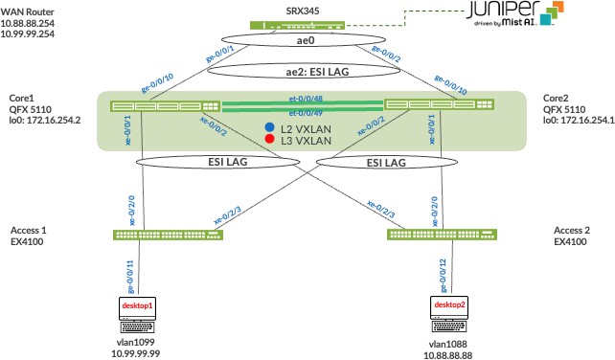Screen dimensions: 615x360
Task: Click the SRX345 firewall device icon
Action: click(x=297, y=26)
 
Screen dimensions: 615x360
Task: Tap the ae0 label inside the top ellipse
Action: click(x=306, y=40)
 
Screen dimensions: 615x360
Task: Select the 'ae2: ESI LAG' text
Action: click(x=317, y=72)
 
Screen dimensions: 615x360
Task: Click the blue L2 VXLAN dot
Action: click(x=269, y=127)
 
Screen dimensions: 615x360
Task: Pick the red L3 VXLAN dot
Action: click(x=269, y=139)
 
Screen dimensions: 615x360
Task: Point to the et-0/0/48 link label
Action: click(x=306, y=99)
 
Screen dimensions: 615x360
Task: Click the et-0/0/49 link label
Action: click(x=306, y=113)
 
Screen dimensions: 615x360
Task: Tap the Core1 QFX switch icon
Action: click(x=165, y=106)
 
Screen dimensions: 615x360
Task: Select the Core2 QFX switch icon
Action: click(x=439, y=104)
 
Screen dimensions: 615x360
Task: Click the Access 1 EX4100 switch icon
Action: click(x=168, y=235)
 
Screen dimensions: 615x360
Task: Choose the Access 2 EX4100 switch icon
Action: click(x=442, y=235)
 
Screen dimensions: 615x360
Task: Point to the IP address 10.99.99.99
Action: click(x=136, y=353)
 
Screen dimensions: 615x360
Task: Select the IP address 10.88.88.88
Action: click(x=448, y=355)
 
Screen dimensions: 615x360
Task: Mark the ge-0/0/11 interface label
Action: click(x=130, y=277)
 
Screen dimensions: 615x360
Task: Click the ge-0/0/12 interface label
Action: click(x=444, y=276)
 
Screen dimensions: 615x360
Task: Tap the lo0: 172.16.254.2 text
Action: click(x=45, y=120)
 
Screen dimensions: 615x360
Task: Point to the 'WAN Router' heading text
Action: click(x=27, y=12)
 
